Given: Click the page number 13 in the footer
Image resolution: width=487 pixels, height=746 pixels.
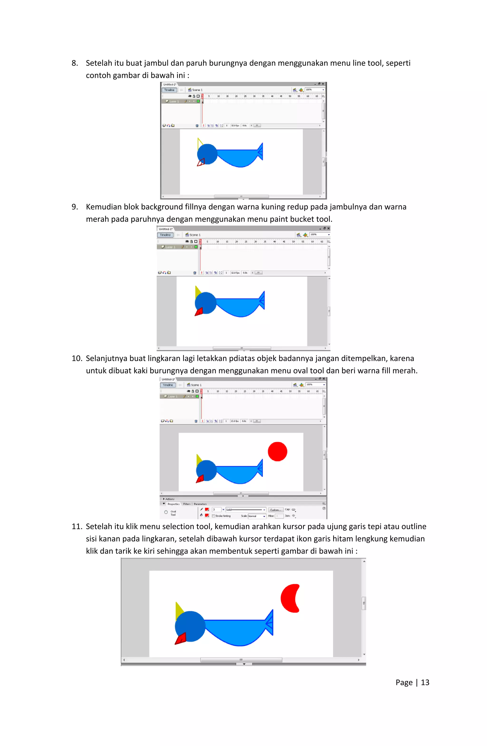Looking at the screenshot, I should (425, 682).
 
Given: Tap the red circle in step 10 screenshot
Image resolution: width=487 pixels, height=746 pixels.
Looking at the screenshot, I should (277, 451).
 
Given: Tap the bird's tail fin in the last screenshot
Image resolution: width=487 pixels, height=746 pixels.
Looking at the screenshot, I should (269, 623).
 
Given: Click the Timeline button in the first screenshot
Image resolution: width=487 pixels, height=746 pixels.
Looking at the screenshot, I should (169, 90).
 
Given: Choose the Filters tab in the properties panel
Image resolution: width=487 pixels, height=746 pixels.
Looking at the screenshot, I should (187, 504).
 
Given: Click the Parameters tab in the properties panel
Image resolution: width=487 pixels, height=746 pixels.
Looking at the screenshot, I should (200, 504).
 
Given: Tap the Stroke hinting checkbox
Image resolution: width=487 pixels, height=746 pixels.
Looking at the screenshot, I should (214, 516).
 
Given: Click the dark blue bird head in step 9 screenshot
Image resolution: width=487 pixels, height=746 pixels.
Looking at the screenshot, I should (205, 302).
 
